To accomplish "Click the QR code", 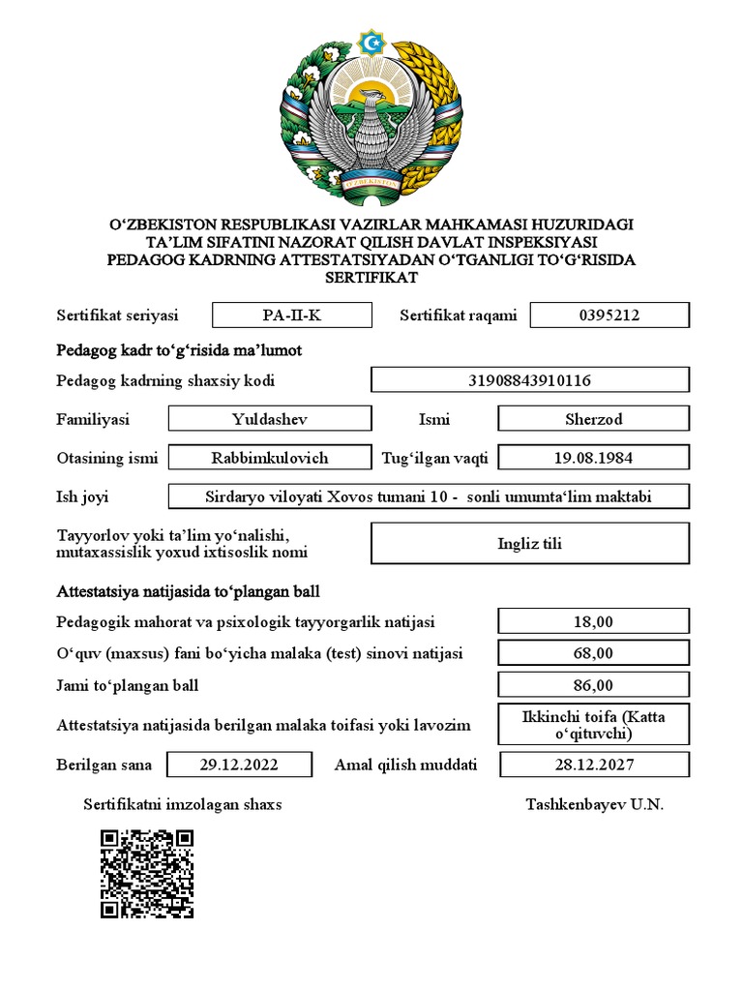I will tap(147, 873).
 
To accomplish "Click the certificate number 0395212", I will tap(609, 315).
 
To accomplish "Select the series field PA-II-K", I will tap(291, 315).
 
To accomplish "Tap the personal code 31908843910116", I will tap(530, 380).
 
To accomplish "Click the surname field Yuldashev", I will tap(270, 419).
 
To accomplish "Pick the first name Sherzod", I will tap(593, 419).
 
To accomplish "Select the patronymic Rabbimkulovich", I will tap(270, 458).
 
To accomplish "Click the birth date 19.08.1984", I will tap(593, 458).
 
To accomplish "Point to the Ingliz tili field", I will tap(530, 543).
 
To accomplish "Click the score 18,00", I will tap(593, 621).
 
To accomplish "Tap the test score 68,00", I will tap(593, 653).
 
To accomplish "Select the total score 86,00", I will tap(593, 686).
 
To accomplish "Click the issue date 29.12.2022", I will tap(239, 765).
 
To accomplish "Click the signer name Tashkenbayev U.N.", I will tap(595, 804).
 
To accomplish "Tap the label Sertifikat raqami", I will tap(459, 315).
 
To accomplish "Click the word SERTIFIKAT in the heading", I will tap(372, 277).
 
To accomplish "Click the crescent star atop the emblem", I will tap(371, 42).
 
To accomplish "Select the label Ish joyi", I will tap(82, 496).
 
